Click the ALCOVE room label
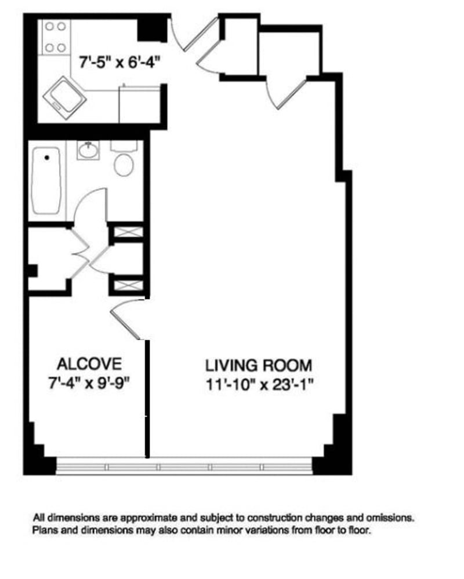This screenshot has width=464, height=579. click(89, 364)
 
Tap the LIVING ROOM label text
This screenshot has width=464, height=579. click(259, 366)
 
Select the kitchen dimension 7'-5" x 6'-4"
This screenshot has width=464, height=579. click(121, 62)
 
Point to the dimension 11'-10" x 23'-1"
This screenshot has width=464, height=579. click(260, 385)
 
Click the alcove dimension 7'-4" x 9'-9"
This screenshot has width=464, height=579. click(90, 383)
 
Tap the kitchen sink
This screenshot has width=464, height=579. click(64, 98)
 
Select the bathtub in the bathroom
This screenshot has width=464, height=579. click(46, 181)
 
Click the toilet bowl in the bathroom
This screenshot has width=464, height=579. click(124, 165)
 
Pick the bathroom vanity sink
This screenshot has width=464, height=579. click(88, 150)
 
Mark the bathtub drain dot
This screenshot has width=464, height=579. click(47, 158)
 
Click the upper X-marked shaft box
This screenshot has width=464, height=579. click(128, 232)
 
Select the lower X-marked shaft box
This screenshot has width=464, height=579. click(128, 285)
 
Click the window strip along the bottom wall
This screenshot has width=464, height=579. click(184, 467)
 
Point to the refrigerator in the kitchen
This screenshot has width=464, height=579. click(140, 104)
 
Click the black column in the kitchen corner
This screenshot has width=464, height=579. click(152, 30)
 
